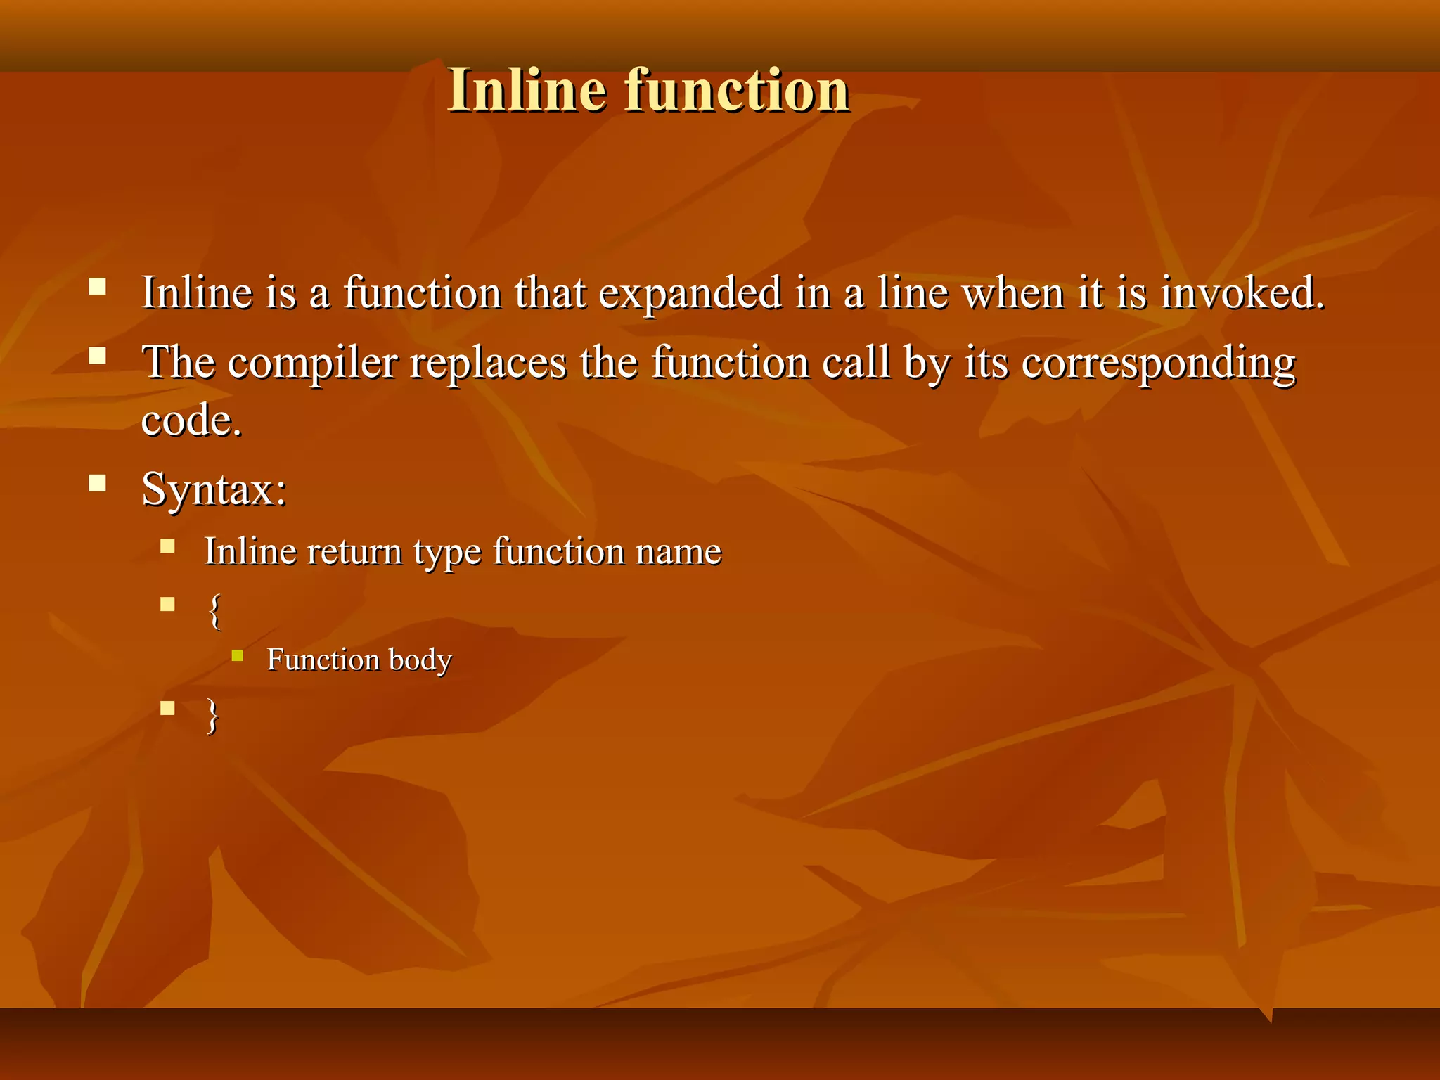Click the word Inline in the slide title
tap(527, 90)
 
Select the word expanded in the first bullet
tap(689, 293)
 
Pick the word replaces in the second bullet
tap(488, 363)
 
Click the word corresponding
tap(1158, 364)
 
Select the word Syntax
tap(213, 489)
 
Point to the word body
tap(420, 660)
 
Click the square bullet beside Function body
tap(238, 656)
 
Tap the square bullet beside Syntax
tap(97, 483)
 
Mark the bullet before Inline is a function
tap(97, 286)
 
